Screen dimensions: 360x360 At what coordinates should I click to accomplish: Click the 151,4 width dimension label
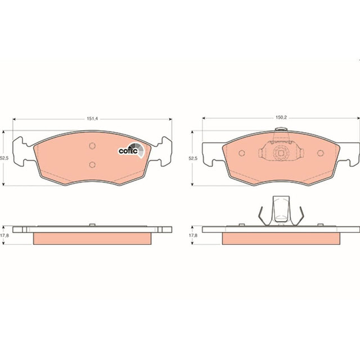pos(92,119)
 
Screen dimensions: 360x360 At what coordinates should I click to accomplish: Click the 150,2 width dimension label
pos(281,118)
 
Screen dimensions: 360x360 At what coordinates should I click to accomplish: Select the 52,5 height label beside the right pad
pos(193,158)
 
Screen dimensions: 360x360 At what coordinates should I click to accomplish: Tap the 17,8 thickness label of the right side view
pos(193,235)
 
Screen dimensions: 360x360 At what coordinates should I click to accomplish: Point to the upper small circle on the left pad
pos(92,146)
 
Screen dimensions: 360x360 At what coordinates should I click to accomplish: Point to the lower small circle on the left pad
pos(92,165)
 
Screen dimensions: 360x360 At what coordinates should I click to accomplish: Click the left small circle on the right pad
pos(242,153)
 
